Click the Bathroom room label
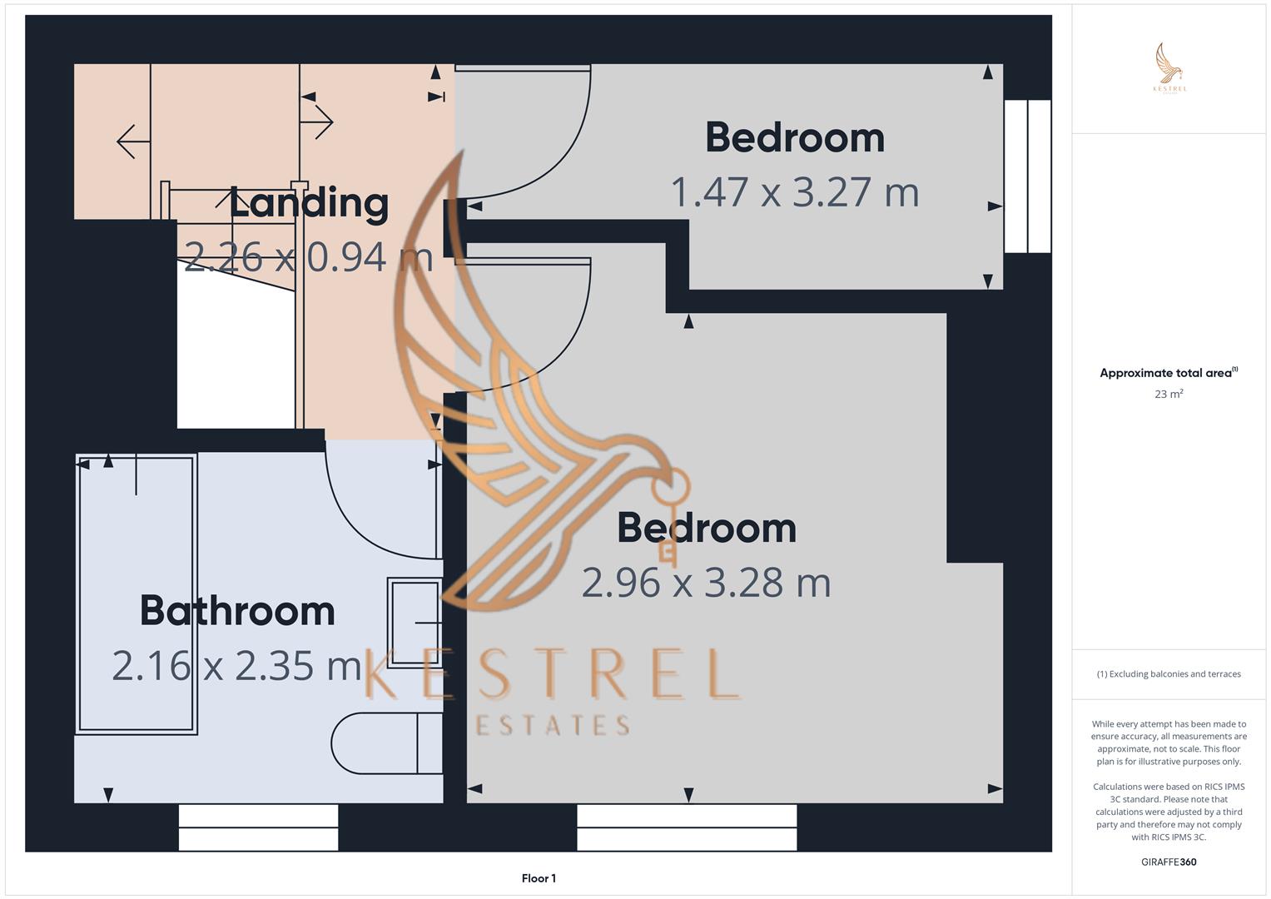coord(237,611)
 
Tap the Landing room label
coord(310,203)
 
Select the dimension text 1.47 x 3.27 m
coord(794,191)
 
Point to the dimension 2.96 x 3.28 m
coord(706,583)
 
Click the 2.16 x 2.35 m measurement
coord(236,665)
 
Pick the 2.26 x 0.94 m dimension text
coord(309,256)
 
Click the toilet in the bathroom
coord(387,743)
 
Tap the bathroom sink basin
coord(415,622)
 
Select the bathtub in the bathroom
coord(137,594)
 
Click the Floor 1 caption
coord(539,878)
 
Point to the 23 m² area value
coord(1169,393)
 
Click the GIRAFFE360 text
coord(1169,862)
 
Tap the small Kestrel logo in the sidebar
coord(1169,67)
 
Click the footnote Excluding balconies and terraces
coord(1169,673)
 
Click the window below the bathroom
coord(259,827)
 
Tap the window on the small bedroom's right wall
coord(1027,176)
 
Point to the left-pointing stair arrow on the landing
coord(133,142)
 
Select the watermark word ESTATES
coord(553,725)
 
